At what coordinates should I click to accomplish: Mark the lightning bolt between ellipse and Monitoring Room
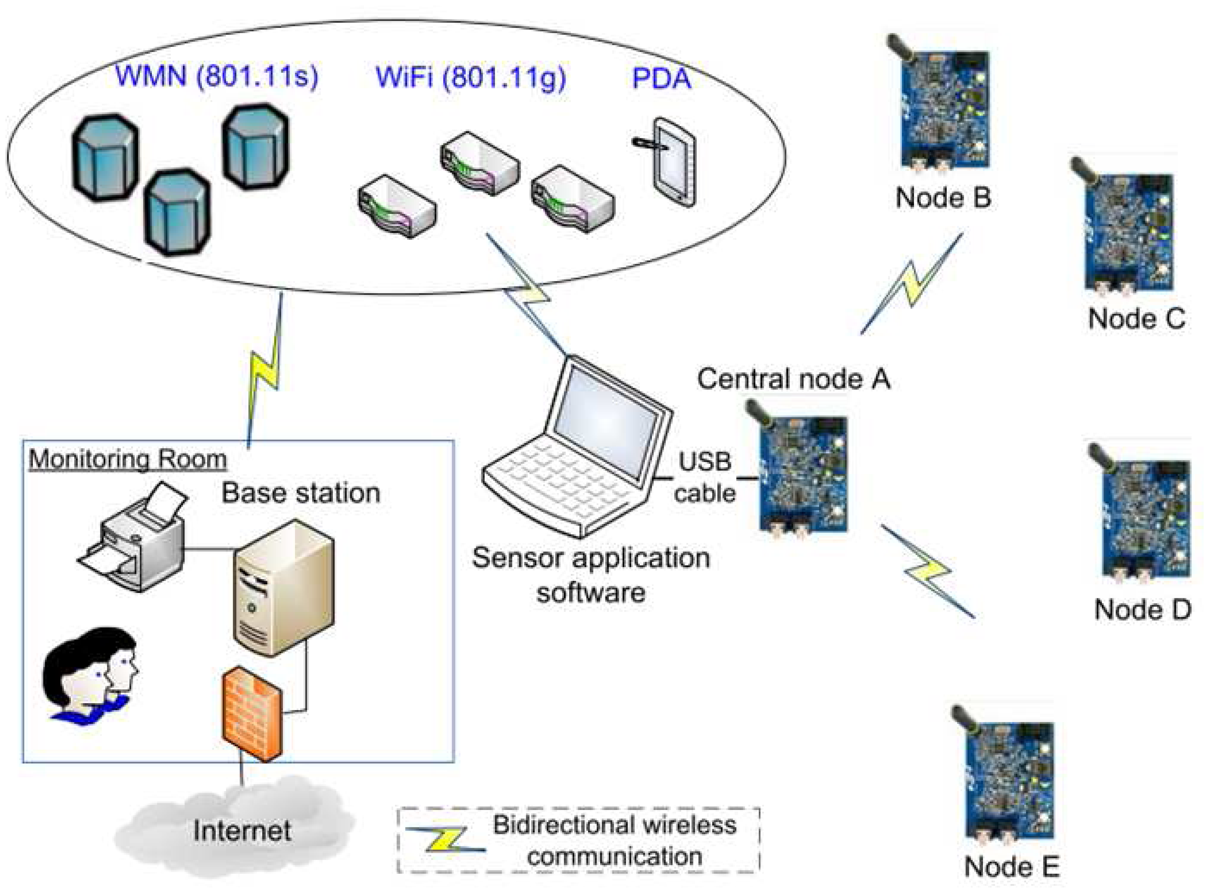click(265, 370)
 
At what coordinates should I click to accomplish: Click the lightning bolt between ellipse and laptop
click(527, 295)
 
